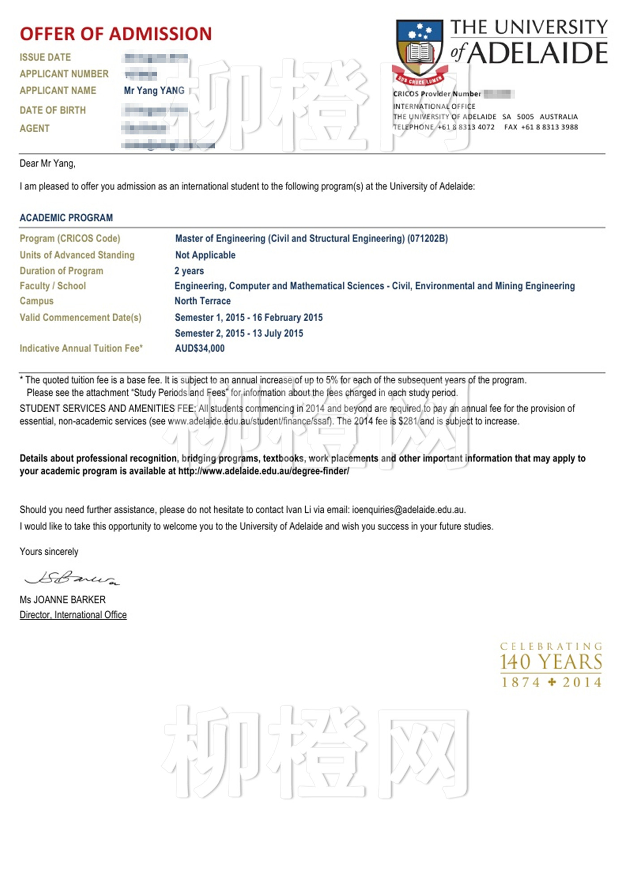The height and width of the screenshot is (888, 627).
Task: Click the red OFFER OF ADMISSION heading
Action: pos(116,34)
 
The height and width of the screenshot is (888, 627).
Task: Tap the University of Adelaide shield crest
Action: pos(420,48)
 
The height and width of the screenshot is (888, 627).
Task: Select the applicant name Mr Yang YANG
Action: pos(154,91)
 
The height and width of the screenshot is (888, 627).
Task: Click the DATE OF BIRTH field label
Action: pos(52,110)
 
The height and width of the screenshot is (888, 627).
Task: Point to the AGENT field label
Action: pos(34,129)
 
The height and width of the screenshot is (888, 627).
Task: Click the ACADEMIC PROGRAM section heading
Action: pos(66,218)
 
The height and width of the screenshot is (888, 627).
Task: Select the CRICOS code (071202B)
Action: pos(427,238)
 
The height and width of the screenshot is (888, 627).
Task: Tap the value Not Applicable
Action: pos(205,255)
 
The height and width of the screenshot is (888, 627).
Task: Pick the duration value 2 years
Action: pos(189,271)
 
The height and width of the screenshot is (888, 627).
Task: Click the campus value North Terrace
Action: pos(202,301)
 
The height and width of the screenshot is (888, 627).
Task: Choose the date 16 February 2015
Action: pos(288,318)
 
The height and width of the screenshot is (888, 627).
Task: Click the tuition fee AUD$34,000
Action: pos(200,349)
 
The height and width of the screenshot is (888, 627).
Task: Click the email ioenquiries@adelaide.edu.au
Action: pos(408,510)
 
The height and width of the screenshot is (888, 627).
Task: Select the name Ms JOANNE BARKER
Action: pos(63,599)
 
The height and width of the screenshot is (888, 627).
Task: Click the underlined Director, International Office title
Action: pos(73,615)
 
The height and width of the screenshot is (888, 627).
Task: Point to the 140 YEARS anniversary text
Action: pos(551,662)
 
